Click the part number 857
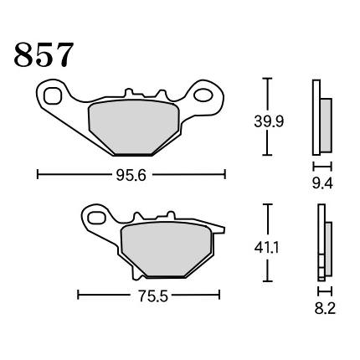tap(44, 55)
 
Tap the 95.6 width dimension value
tap(131, 176)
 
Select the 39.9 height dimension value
tap(269, 122)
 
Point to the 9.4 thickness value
tap(322, 183)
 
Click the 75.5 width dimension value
tap(153, 296)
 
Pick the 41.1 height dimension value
tap(266, 248)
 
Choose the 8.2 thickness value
tap(325, 309)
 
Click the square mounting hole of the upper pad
tap(53, 95)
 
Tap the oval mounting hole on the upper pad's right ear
tap(203, 95)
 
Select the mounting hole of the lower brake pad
tap(96, 218)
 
